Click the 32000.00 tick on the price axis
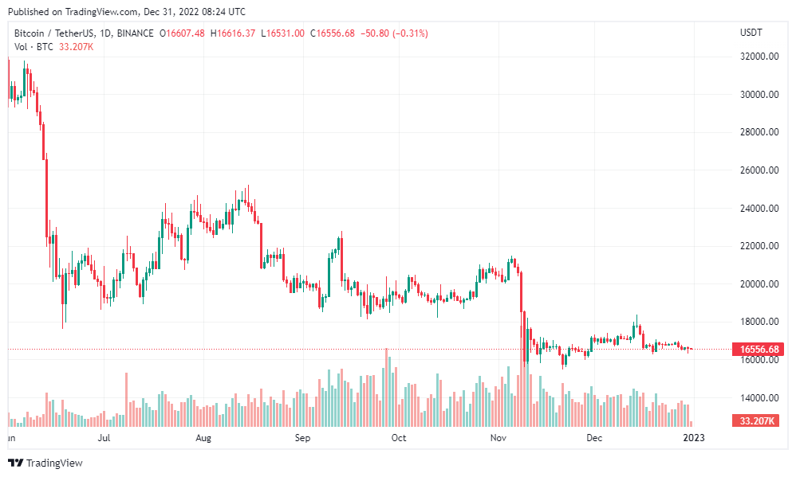click(x=759, y=57)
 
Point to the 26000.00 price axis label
click(x=759, y=170)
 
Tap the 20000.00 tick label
click(x=759, y=284)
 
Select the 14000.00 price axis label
click(x=759, y=398)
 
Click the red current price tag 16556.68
click(x=759, y=349)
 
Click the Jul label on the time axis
click(x=104, y=438)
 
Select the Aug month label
click(x=203, y=438)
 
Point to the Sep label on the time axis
click(x=301, y=438)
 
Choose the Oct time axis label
click(x=399, y=438)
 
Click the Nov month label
click(x=498, y=438)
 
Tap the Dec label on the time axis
click(x=593, y=438)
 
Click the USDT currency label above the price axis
click(x=751, y=33)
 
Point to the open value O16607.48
click(x=182, y=33)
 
